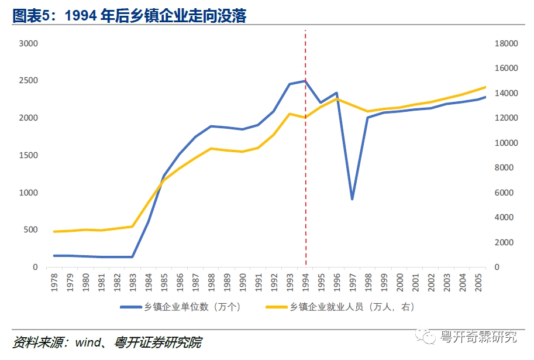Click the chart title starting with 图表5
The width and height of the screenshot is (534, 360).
tap(129, 16)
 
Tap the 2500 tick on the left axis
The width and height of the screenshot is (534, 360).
tap(28, 81)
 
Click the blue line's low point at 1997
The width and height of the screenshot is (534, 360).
tap(352, 199)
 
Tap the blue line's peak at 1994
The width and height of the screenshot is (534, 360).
tap(305, 81)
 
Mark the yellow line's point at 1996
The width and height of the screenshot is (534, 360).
tap(336, 98)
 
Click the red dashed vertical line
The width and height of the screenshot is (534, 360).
tap(305, 176)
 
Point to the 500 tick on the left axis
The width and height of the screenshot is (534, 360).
tap(30, 230)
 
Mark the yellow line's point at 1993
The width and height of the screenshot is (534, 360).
tap(290, 114)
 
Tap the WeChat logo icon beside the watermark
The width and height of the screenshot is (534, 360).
tap(429, 337)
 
